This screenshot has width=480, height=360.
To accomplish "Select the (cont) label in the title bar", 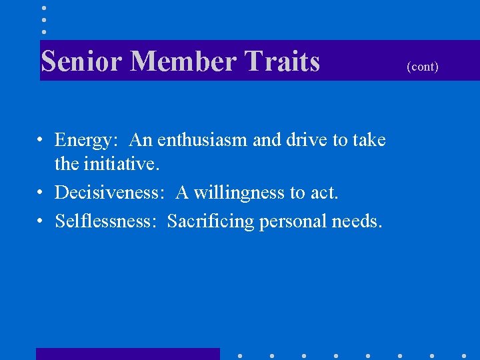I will (x=423, y=67).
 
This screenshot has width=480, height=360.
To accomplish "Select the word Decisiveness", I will (x=109, y=193).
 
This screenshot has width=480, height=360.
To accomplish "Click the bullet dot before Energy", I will (x=41, y=141).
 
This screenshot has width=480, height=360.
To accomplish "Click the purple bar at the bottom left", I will (x=127, y=354).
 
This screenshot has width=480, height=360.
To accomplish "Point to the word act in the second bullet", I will (x=324, y=193).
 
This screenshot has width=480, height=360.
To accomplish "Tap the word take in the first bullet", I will (x=369, y=140).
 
